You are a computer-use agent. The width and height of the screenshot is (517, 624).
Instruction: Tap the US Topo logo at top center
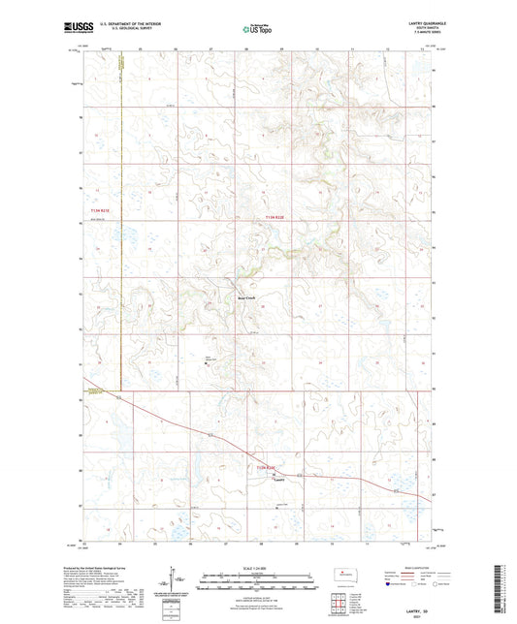click(256, 29)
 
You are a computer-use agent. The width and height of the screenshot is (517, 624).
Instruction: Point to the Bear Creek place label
click(246, 297)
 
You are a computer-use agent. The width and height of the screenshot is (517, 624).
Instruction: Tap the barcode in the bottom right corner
click(501, 591)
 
